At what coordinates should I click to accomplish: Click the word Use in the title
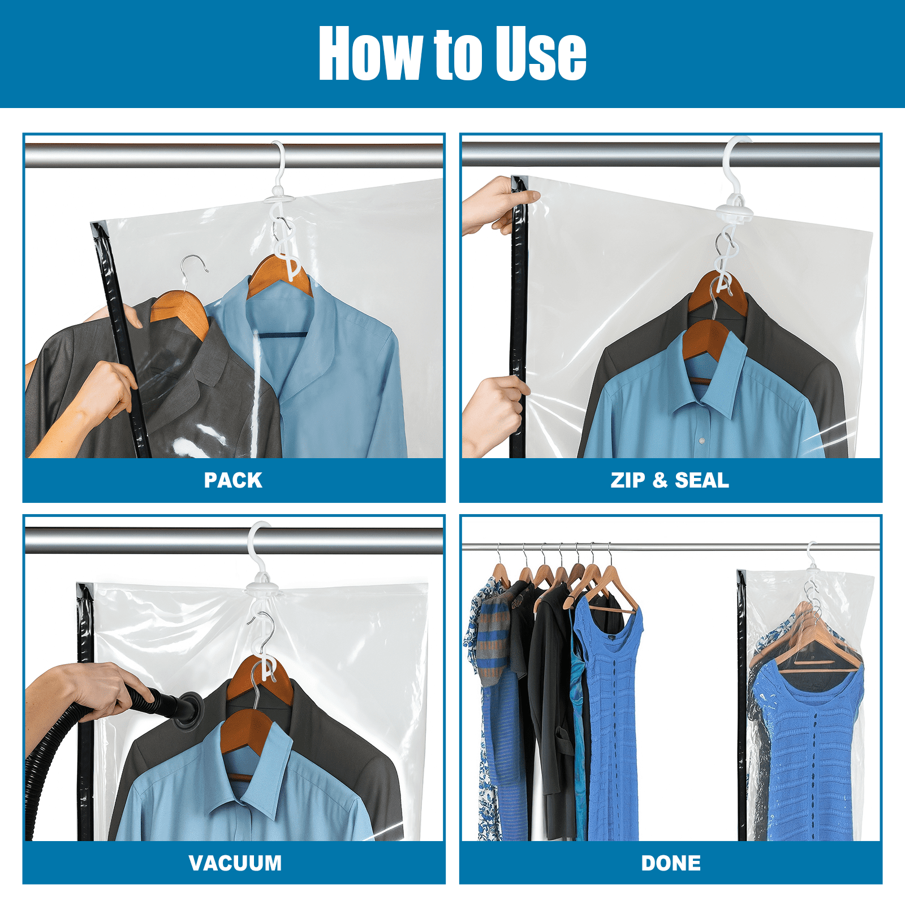click(541, 53)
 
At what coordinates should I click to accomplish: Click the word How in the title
click(370, 53)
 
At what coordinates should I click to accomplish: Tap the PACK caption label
click(233, 480)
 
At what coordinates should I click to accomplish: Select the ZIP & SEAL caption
click(670, 480)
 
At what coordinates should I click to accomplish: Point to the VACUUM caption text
click(235, 863)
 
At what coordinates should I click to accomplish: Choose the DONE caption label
click(671, 863)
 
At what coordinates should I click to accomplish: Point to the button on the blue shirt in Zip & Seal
click(702, 440)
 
